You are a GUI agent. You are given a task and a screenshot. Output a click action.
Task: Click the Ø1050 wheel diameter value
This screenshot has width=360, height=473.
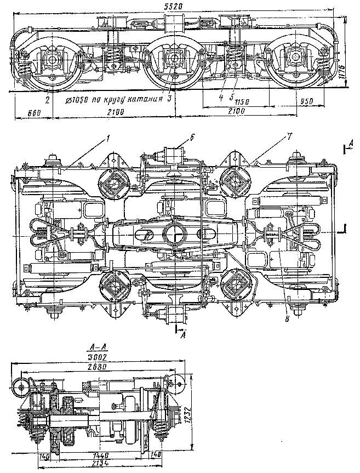tap(76, 101)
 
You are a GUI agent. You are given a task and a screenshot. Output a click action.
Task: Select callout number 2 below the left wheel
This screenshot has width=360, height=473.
tap(48, 101)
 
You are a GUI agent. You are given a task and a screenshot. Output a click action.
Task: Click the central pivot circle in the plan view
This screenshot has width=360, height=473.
tap(175, 232)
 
